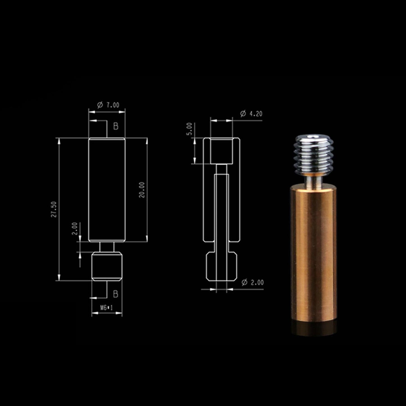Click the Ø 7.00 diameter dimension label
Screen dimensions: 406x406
tap(108, 105)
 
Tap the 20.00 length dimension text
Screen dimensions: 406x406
tap(142, 190)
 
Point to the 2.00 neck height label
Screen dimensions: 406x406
tap(74, 228)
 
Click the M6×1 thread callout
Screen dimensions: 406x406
tap(106, 308)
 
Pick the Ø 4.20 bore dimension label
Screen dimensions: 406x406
tap(251, 114)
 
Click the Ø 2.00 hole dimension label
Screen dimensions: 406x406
tap(252, 282)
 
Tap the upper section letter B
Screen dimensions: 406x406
tap(116, 126)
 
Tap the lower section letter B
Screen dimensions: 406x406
tap(115, 294)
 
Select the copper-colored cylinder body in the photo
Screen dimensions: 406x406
tap(313, 253)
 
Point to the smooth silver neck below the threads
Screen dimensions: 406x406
tap(314, 180)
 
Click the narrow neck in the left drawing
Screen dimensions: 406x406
tap(107, 247)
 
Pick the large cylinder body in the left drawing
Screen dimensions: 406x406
tap(107, 190)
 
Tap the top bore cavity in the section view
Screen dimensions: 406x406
tap(221, 151)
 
